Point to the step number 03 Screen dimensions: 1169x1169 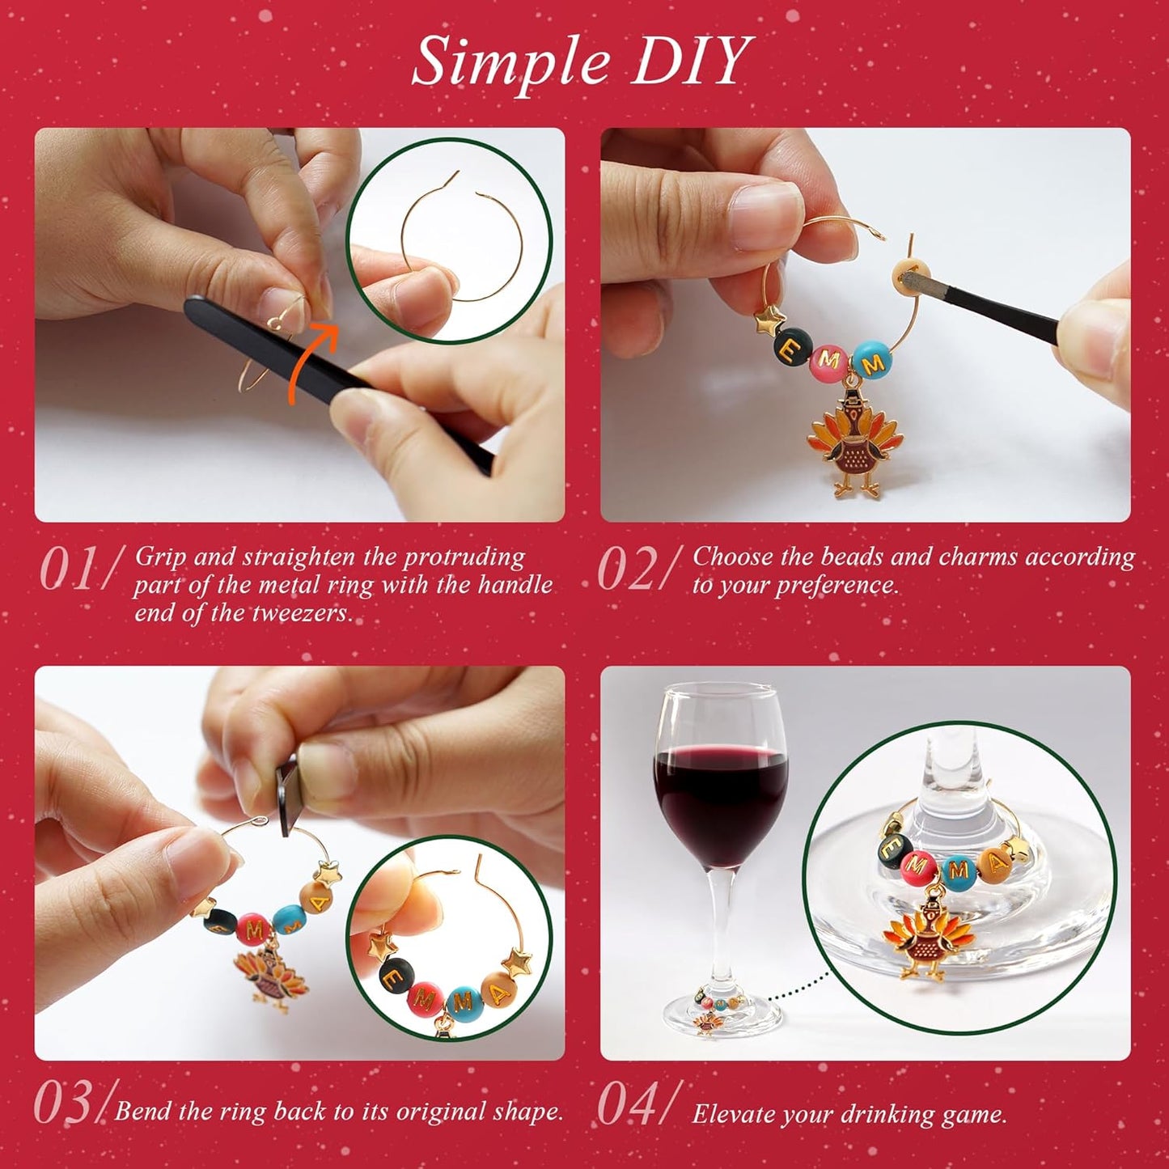pos(65,1103)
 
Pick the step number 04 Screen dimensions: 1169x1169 pos(626,1103)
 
